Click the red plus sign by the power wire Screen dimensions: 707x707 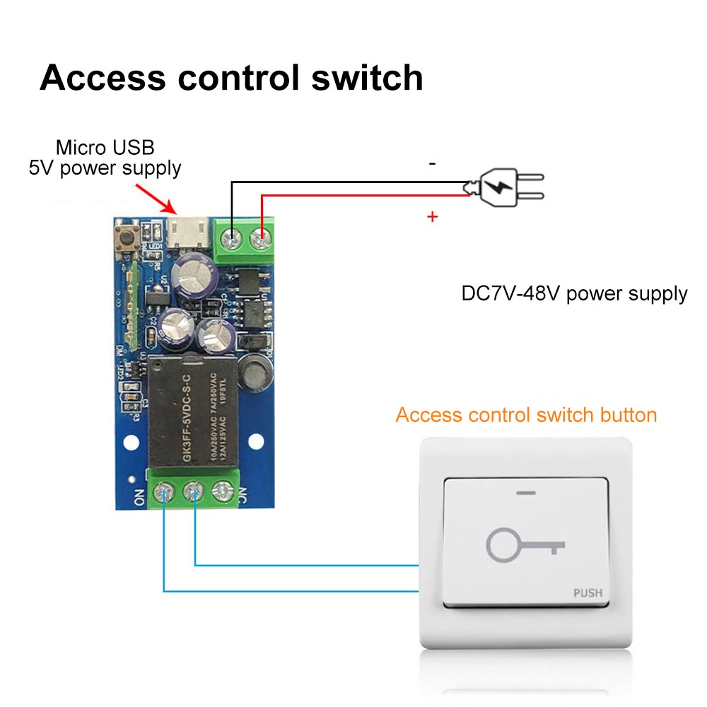[433, 217]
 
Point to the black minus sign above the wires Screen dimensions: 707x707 [433, 163]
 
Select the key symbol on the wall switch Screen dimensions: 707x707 [525, 545]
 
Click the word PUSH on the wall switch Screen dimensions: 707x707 [588, 592]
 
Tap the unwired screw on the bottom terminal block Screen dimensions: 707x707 [223, 489]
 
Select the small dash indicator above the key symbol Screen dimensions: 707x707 [525, 493]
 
